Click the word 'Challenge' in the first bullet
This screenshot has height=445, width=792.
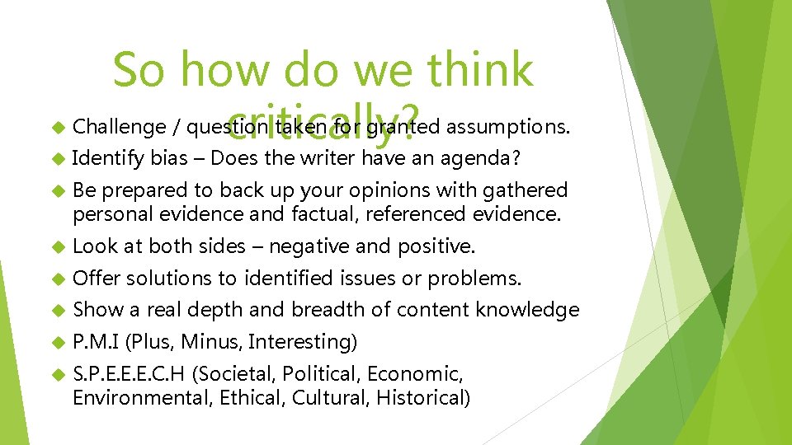119,127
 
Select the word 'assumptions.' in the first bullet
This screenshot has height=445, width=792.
504,127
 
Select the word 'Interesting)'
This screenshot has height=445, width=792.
302,341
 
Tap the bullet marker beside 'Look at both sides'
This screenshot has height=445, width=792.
57,246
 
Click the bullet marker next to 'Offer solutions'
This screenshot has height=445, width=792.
57,279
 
